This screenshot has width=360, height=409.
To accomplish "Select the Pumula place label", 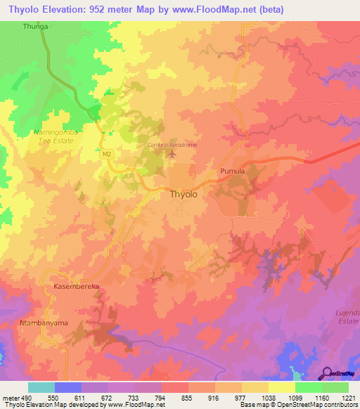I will click(x=232, y=171).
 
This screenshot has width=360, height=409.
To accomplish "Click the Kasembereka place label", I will click(x=78, y=287).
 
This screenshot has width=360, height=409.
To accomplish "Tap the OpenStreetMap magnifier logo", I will click(x=328, y=372).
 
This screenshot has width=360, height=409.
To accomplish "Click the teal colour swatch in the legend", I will click(x=41, y=387).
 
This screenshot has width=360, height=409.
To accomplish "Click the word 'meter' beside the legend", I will click(x=8, y=397).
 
